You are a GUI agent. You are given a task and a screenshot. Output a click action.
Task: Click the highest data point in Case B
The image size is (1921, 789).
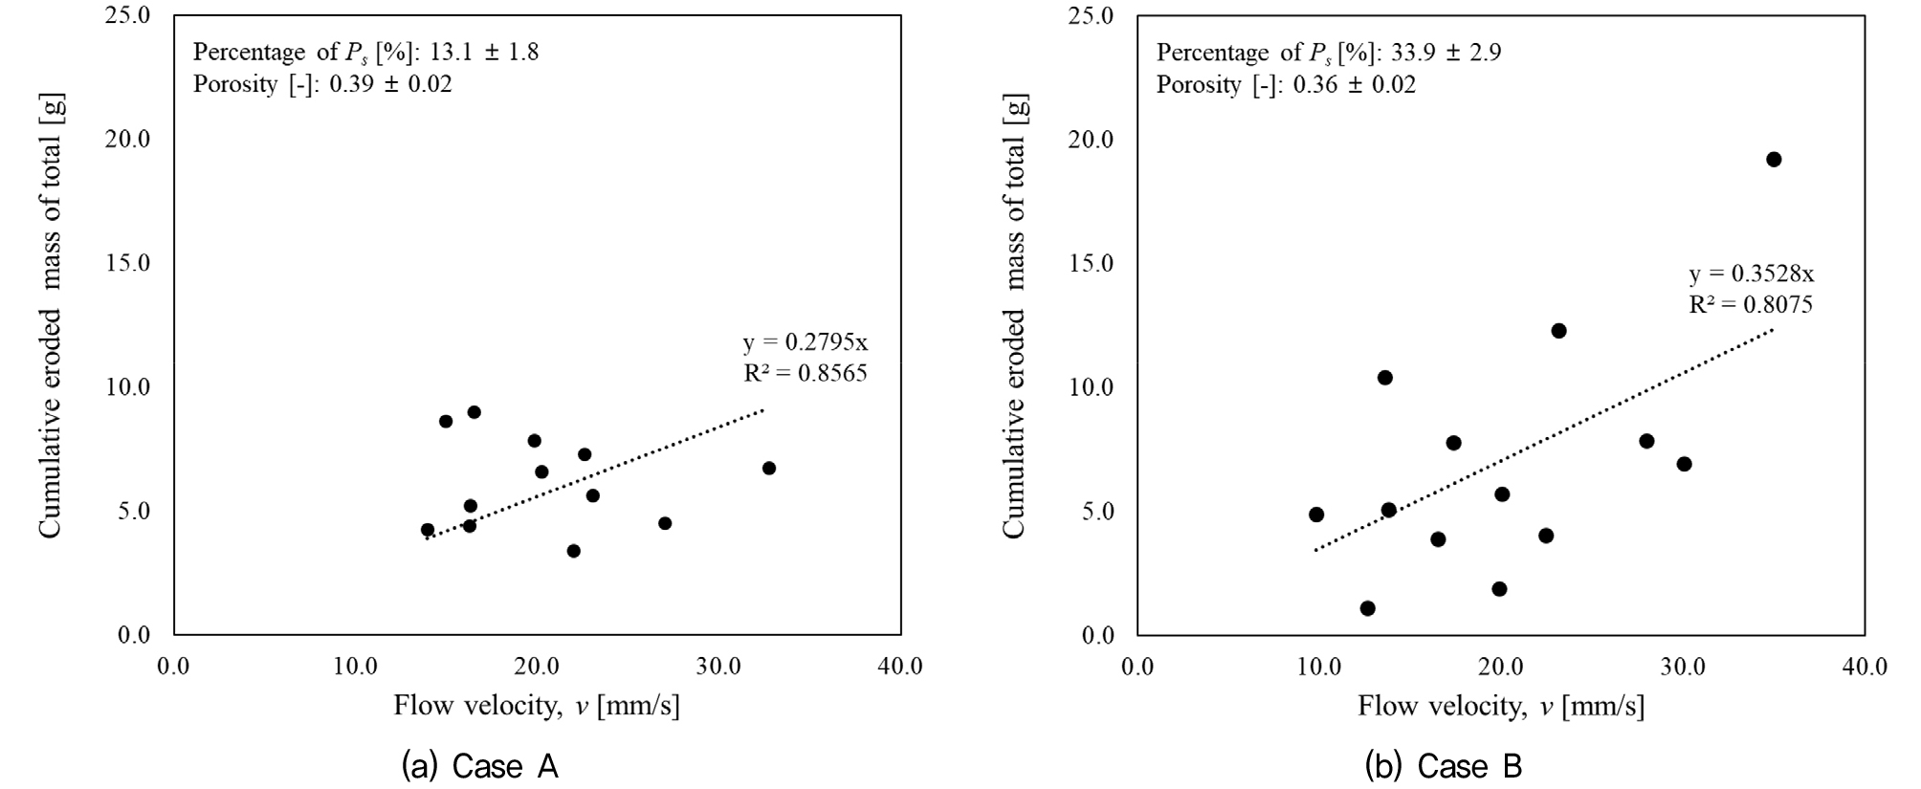1773,160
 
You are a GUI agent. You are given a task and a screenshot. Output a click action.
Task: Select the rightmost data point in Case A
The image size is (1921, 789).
768,468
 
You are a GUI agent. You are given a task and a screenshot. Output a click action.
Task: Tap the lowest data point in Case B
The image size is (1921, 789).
1367,608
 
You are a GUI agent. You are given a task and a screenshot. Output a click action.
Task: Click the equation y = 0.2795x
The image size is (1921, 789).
806,342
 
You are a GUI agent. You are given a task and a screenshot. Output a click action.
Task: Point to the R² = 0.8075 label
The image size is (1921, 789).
1751,305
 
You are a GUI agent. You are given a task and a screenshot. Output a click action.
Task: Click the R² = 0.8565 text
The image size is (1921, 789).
806,373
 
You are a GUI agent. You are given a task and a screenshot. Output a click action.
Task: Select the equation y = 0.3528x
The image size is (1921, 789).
1751,274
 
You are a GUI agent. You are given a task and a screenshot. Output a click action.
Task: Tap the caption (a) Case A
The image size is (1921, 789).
480,766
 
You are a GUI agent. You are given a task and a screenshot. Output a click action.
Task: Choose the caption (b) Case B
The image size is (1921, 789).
1444,766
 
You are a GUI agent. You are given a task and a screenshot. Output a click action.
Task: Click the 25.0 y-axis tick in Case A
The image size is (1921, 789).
128,16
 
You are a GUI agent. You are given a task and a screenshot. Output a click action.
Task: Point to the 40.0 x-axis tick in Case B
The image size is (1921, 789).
1864,667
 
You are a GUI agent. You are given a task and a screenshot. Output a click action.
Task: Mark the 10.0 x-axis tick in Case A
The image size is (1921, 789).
355,667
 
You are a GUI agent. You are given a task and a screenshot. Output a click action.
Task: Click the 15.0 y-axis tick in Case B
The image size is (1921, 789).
1092,264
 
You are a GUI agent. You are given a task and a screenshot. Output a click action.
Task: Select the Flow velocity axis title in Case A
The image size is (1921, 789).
537,707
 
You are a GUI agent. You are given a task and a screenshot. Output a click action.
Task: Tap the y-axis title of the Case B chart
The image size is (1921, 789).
1014,316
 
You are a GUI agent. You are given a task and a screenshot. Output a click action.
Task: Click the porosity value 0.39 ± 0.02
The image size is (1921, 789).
390,84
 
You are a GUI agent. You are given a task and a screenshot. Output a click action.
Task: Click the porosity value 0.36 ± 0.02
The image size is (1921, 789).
1354,84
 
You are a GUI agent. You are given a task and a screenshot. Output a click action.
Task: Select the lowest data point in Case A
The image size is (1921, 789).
573,551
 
